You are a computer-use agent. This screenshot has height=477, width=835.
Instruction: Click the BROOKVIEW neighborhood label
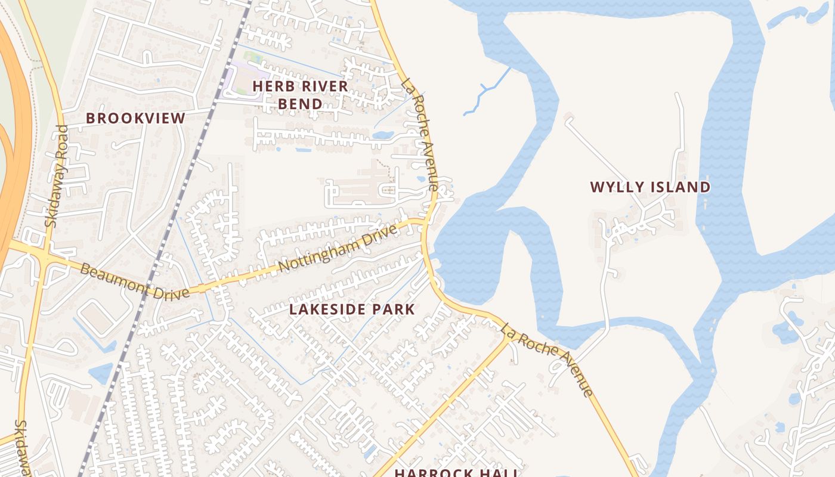[x=135, y=118]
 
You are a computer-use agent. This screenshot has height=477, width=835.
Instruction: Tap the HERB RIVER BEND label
[x=300, y=95]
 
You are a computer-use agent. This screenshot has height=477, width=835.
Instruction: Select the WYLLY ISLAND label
[x=650, y=187]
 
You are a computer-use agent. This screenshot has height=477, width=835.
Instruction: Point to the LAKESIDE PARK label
[x=352, y=309]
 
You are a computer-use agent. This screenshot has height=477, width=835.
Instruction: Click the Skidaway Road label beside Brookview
[x=57, y=176]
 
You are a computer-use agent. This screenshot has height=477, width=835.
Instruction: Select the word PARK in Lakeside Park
[x=393, y=309]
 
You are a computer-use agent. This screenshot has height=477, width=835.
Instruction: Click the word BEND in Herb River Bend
[x=300, y=104]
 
